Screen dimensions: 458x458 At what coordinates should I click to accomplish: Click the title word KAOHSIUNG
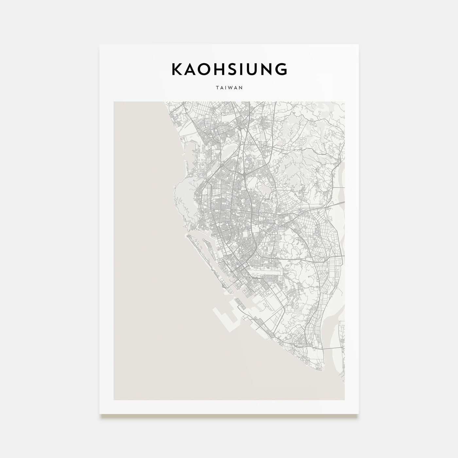(x=229, y=69)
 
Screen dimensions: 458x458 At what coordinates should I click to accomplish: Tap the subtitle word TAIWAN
(x=229, y=88)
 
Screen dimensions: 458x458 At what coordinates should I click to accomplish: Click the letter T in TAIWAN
(x=217, y=88)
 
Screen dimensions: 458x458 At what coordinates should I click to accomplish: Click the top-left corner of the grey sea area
(x=114, y=102)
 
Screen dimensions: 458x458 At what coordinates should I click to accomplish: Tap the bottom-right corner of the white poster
(x=358, y=414)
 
